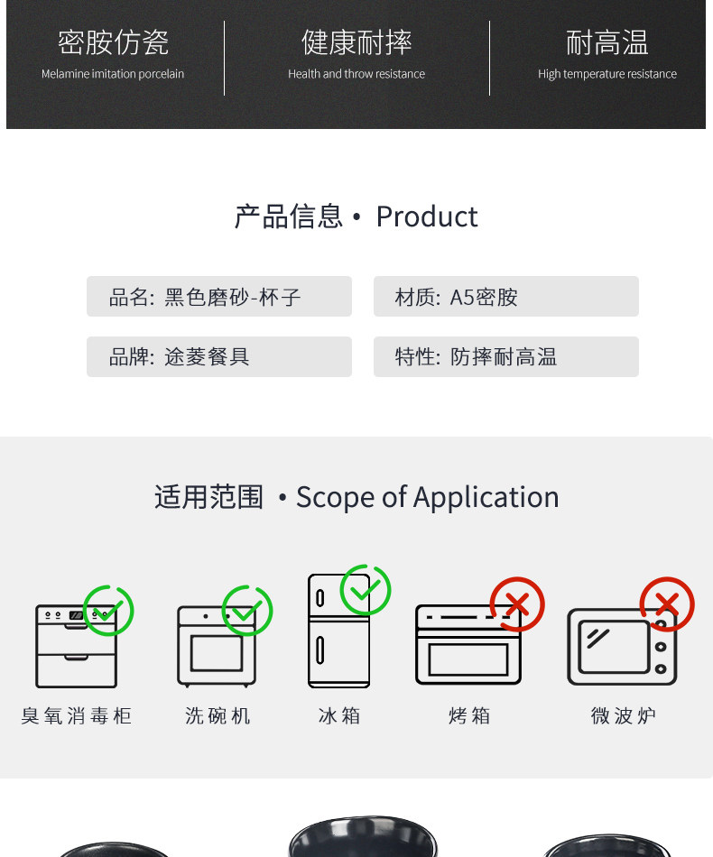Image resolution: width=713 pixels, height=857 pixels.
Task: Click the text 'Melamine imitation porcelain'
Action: click(113, 74)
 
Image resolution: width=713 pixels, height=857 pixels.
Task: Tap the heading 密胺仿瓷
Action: click(113, 41)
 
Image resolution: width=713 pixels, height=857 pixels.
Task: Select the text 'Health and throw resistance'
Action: click(356, 74)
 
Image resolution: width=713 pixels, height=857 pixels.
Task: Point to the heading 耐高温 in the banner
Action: click(607, 41)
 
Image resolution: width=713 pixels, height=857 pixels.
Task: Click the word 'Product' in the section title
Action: click(427, 217)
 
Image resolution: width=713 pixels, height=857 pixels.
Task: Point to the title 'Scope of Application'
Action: click(427, 497)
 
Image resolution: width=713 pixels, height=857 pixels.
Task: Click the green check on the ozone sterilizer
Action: click(108, 610)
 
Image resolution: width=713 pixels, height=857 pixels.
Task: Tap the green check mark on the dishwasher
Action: click(247, 611)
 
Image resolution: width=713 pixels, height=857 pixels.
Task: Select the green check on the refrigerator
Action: click(366, 591)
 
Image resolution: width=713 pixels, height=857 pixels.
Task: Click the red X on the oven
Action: click(517, 604)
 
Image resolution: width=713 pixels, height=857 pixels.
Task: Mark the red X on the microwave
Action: click(667, 604)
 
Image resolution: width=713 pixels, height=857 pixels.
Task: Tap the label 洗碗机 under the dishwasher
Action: click(218, 716)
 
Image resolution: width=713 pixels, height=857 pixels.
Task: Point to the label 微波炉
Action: click(623, 716)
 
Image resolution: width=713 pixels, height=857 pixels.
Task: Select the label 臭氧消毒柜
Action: click(77, 716)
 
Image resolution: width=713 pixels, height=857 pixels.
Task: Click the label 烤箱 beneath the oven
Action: click(469, 716)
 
